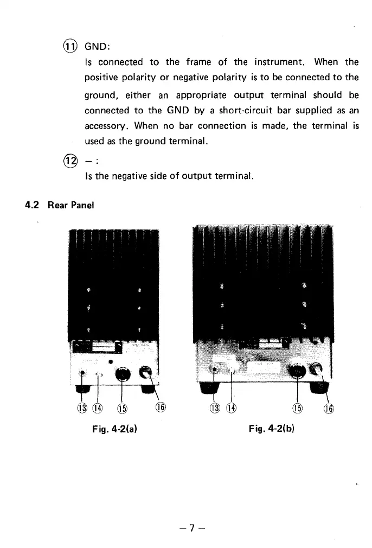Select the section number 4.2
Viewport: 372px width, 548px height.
tap(33, 206)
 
